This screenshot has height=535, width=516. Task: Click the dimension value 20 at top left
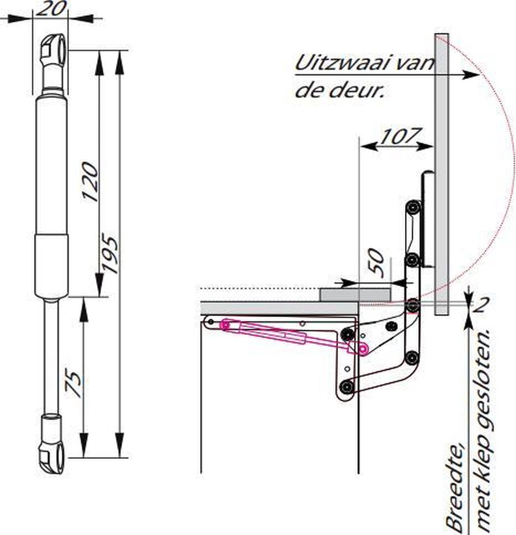coord(50,8)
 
